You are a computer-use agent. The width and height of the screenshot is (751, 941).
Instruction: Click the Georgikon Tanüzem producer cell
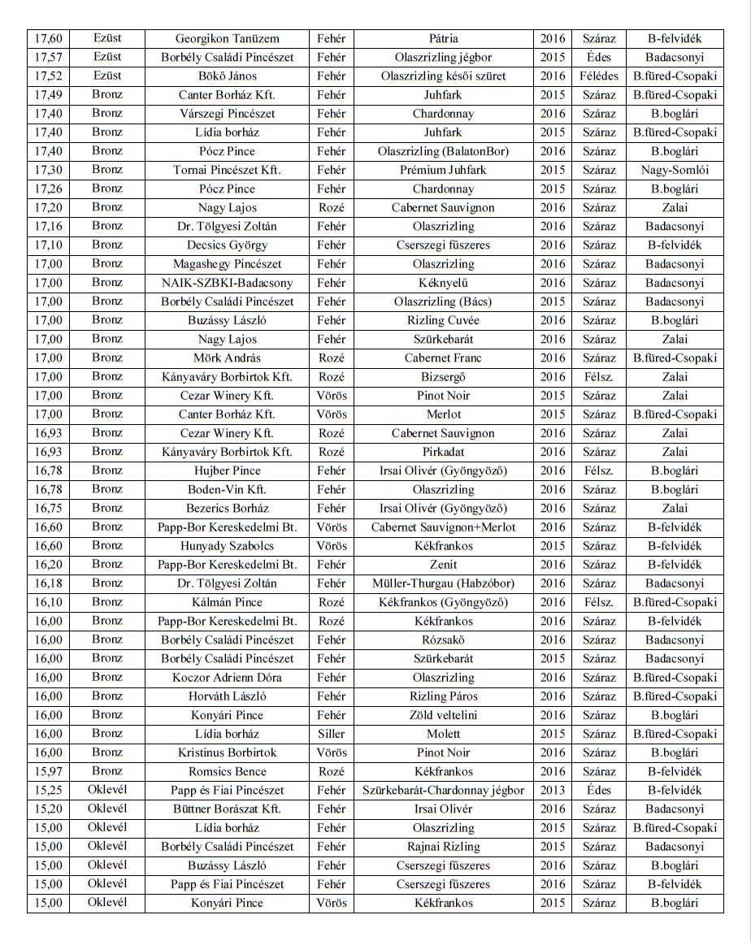(227, 38)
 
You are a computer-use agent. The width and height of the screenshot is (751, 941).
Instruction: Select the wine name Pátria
(443, 38)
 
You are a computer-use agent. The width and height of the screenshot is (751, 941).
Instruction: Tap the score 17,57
(48, 58)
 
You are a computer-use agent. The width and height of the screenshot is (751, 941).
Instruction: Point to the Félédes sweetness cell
(599, 76)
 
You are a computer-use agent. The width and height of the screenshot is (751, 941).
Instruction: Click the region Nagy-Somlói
(674, 170)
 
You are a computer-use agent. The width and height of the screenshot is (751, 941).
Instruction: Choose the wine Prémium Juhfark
(443, 170)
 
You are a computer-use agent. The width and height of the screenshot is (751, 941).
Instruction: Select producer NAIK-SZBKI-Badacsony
(227, 283)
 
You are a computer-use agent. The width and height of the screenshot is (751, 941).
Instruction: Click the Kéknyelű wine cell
(443, 283)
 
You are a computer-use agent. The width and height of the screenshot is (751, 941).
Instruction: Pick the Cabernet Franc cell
(443, 358)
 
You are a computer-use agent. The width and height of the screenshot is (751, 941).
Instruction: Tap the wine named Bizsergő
(443, 377)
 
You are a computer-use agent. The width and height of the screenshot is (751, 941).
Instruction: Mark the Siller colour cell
(331, 734)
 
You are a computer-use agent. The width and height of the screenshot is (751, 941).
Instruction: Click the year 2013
(553, 790)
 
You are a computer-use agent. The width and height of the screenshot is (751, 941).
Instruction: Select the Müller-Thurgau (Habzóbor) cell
(443, 583)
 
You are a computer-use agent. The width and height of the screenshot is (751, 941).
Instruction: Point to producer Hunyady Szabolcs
(227, 546)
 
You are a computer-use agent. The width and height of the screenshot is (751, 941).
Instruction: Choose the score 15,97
(48, 771)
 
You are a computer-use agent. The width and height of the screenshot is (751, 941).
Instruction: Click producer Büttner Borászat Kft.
(227, 809)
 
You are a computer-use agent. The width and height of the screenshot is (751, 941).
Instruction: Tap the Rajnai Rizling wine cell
(443, 847)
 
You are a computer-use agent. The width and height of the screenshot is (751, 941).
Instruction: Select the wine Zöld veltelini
(443, 715)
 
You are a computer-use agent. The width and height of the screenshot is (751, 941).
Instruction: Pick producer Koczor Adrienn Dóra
(227, 678)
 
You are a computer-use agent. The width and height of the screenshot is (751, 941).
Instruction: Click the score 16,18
(48, 583)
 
